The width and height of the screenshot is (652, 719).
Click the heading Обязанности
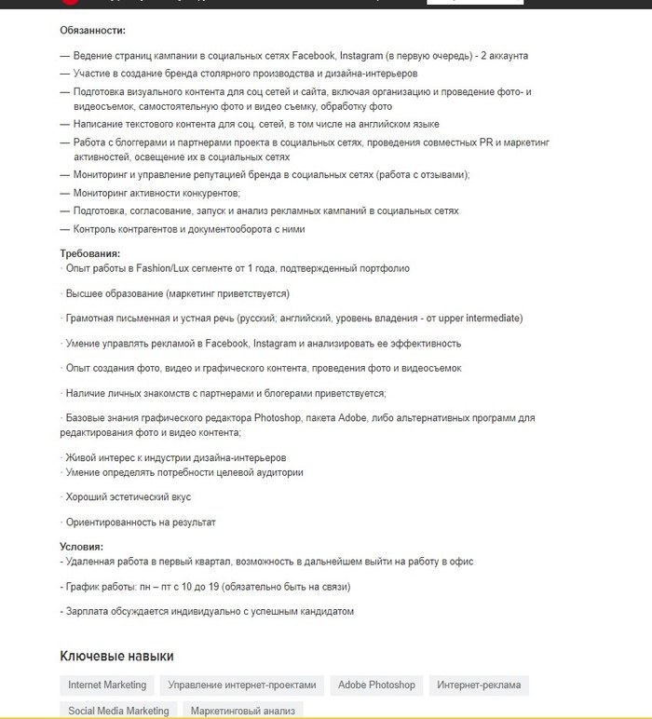tap(92, 31)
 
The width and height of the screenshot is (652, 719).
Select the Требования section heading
tap(89, 253)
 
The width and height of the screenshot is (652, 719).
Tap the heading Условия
tap(81, 547)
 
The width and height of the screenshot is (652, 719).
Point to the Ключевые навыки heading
tap(116, 657)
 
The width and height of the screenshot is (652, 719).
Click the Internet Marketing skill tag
tap(107, 685)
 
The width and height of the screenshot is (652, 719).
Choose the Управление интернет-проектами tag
tap(242, 685)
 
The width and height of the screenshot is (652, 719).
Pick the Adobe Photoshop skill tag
tap(376, 685)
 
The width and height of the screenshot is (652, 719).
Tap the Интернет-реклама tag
tap(479, 685)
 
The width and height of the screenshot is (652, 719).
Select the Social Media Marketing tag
tap(118, 711)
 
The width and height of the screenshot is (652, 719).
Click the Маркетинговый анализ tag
tap(243, 711)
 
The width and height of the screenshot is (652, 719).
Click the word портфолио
tap(384, 268)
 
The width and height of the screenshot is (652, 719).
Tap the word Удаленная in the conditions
tap(91, 563)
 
